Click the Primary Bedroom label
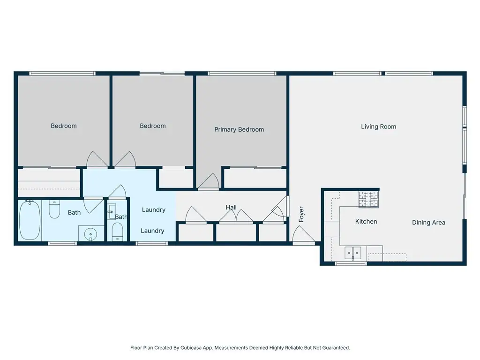point(239,129)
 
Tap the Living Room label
point(378,127)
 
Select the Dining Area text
point(428,223)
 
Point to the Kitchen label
point(366,221)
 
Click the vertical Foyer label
point(301,214)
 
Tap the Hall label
point(231,207)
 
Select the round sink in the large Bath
point(90,235)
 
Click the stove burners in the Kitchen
point(368,199)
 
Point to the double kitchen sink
point(353,253)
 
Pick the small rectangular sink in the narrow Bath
point(112,211)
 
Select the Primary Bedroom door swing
point(209,181)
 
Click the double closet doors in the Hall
point(236,216)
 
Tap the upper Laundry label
point(154,210)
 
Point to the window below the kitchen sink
point(351,263)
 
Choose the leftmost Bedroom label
point(64,126)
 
